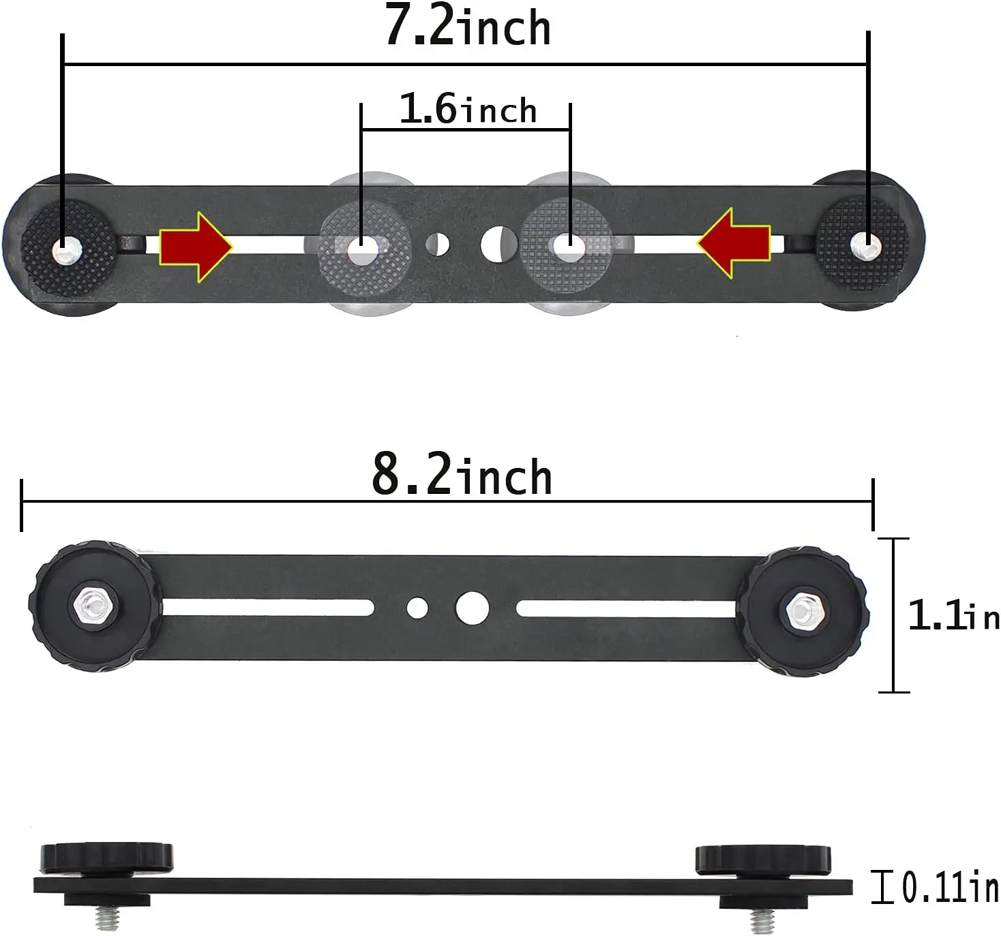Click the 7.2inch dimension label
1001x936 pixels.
click(468, 27)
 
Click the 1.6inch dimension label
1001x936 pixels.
click(468, 110)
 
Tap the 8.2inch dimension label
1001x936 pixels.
click(462, 475)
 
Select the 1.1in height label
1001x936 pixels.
click(953, 616)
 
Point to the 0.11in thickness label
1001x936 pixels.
click(949, 887)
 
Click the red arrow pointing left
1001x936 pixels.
click(734, 243)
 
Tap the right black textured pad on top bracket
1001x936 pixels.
click(863, 243)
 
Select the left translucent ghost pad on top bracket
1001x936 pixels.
click(364, 245)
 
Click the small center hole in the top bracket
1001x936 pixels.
click(438, 244)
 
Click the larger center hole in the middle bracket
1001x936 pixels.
click(472, 608)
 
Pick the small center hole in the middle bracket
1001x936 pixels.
click(417, 608)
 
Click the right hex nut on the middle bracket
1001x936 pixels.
click(803, 608)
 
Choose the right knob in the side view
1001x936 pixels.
click(763, 860)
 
